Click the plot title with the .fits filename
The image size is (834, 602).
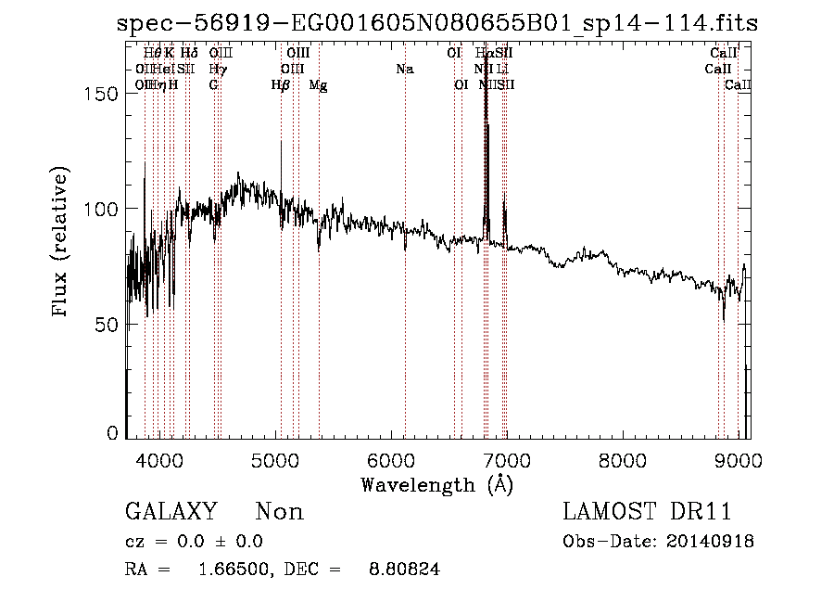[x=437, y=24]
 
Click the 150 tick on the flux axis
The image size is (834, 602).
[x=103, y=95]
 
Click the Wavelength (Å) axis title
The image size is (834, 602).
[x=437, y=484]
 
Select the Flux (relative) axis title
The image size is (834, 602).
[x=62, y=243]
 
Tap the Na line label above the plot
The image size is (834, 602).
[x=404, y=69]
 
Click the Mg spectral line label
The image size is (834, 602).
[x=318, y=85]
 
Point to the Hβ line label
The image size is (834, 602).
[x=280, y=85]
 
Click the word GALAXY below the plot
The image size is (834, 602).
[x=171, y=512]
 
